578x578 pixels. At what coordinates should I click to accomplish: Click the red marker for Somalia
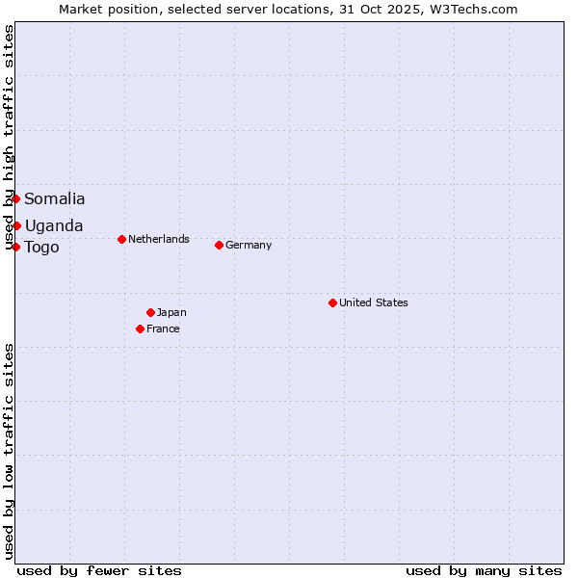point(16,198)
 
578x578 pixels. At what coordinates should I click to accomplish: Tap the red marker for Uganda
point(16,225)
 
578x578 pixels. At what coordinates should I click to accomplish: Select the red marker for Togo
point(16,247)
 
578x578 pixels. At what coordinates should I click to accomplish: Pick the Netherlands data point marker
point(121,239)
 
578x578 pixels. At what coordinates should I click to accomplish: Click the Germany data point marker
point(219,245)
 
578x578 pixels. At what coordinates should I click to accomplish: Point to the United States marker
point(332,302)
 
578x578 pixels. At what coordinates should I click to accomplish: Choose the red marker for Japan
point(150,312)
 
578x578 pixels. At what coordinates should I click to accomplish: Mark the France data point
point(141,328)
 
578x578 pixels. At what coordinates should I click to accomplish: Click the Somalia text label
point(55,199)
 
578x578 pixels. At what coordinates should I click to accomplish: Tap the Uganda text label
point(54,226)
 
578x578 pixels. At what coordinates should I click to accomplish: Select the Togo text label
point(42,248)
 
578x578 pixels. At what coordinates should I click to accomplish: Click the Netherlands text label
point(159,239)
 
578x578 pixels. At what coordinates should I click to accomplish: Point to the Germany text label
point(249,245)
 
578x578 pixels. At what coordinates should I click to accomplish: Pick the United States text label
point(374,302)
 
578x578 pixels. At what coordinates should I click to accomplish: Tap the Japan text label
point(171,312)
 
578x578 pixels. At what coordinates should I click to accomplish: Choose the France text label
point(163,328)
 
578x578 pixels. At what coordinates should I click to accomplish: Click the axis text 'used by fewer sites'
point(99,570)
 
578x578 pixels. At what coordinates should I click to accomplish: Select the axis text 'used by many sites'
point(484,570)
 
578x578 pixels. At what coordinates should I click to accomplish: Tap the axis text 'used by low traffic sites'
point(10,451)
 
